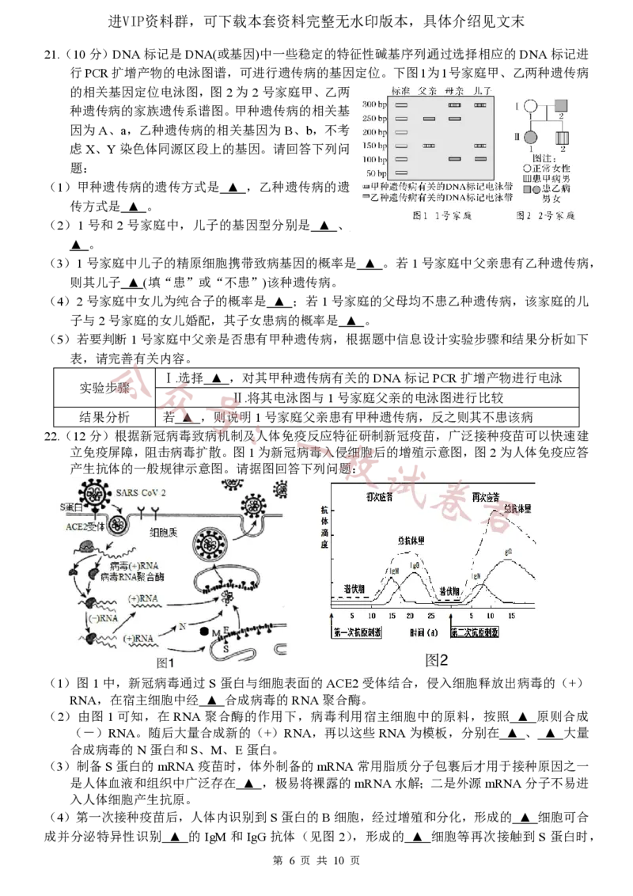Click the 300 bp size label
(374, 104)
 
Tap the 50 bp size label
(376, 173)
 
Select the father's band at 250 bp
(429, 119)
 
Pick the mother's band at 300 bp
(454, 104)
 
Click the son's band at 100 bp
(480, 159)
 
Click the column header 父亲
(428, 90)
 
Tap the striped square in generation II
(562, 138)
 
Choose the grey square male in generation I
(562, 105)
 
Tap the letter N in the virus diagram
(182, 626)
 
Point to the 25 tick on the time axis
(431, 615)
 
